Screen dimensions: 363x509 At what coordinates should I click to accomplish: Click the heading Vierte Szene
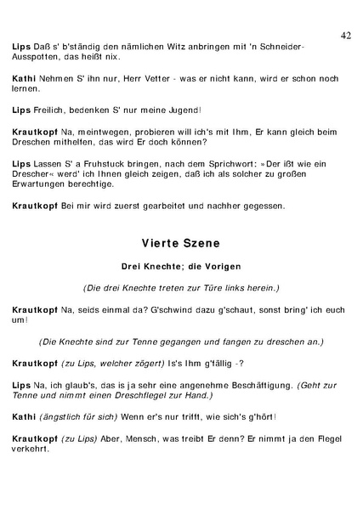181,243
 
